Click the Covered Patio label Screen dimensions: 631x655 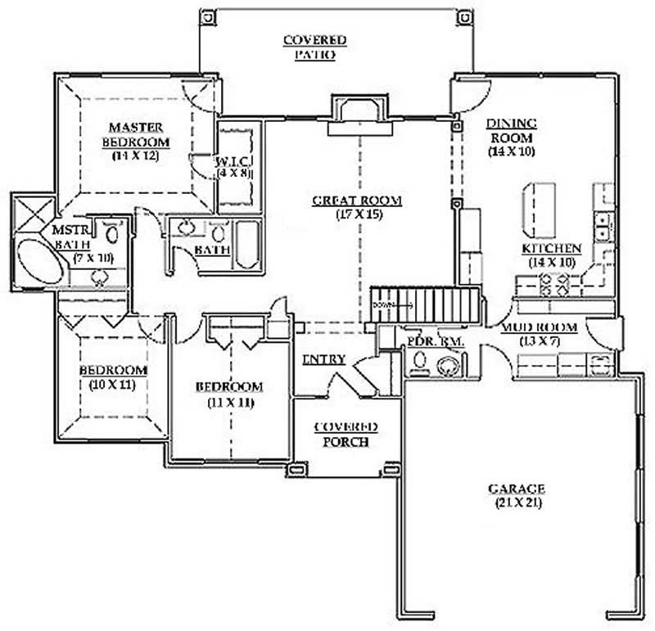[314, 47]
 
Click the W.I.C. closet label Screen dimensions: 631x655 [233, 161]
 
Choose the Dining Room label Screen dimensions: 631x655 [512, 131]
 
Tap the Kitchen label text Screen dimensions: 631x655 [552, 248]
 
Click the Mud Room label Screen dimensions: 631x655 [540, 327]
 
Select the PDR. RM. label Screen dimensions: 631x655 [431, 341]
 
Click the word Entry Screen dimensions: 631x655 [323, 359]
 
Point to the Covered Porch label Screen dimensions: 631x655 [346, 434]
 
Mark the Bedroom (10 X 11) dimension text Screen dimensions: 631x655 [113, 384]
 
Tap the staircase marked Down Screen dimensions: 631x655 [424, 304]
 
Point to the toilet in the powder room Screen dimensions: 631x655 [420, 360]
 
